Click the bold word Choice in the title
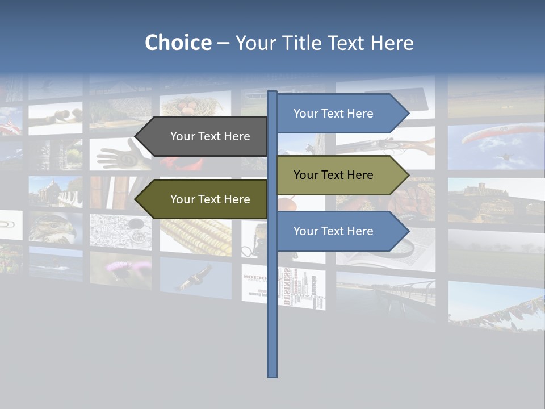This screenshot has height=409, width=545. [178, 43]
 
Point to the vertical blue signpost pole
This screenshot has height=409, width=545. [272, 312]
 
